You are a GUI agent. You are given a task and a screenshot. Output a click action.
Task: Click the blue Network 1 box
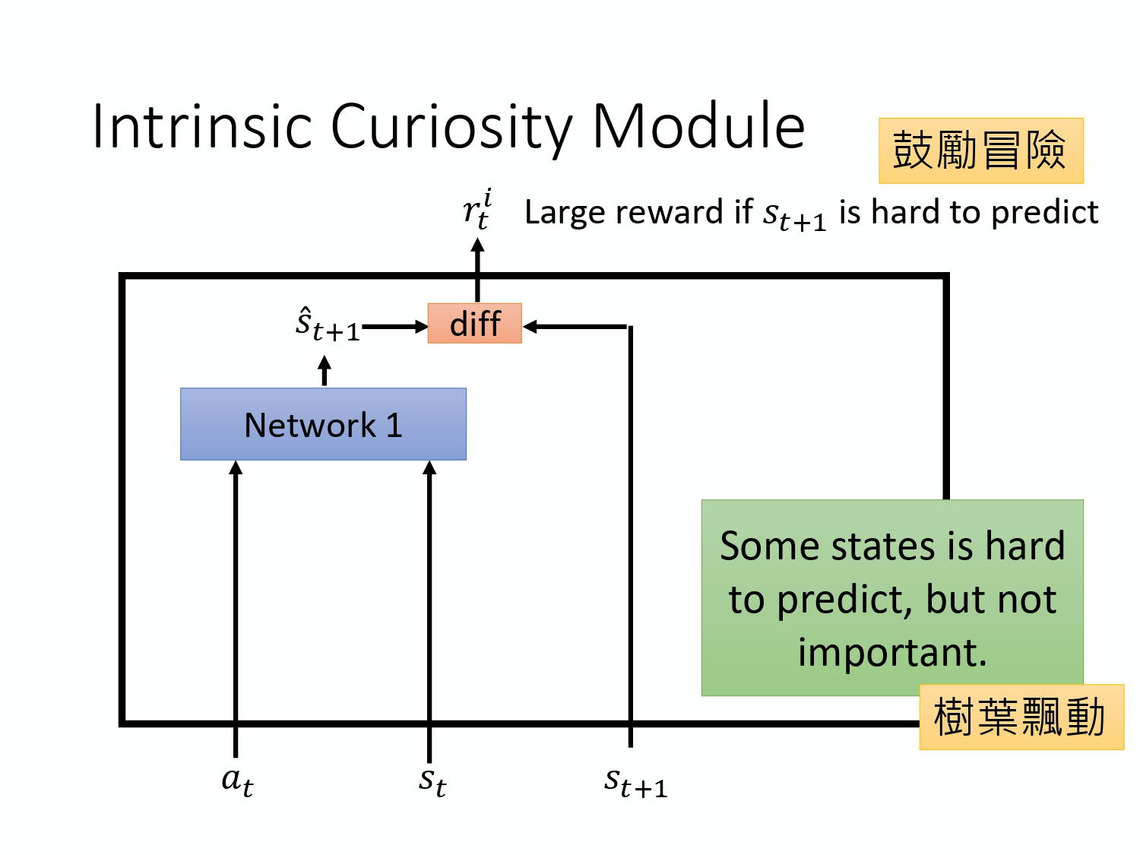[x=323, y=424]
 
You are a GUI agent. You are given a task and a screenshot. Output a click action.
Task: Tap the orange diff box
[x=474, y=324]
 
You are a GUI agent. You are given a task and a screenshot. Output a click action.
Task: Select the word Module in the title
[x=698, y=126]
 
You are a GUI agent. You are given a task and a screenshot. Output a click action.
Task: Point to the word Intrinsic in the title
[x=201, y=126]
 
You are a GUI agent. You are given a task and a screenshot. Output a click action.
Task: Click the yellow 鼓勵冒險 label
[x=980, y=150]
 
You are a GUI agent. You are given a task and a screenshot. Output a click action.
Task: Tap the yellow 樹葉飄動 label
[x=1020, y=717]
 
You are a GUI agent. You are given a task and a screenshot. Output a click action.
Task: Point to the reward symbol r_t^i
[x=477, y=211]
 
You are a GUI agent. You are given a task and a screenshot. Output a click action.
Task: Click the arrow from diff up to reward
[x=477, y=270]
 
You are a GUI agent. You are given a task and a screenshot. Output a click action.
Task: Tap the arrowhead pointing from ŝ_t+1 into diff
[x=420, y=327]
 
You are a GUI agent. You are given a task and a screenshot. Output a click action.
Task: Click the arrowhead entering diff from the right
[x=530, y=327]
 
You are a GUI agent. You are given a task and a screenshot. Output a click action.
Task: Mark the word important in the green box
[x=891, y=652]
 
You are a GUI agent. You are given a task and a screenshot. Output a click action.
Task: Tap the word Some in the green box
[x=762, y=546]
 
